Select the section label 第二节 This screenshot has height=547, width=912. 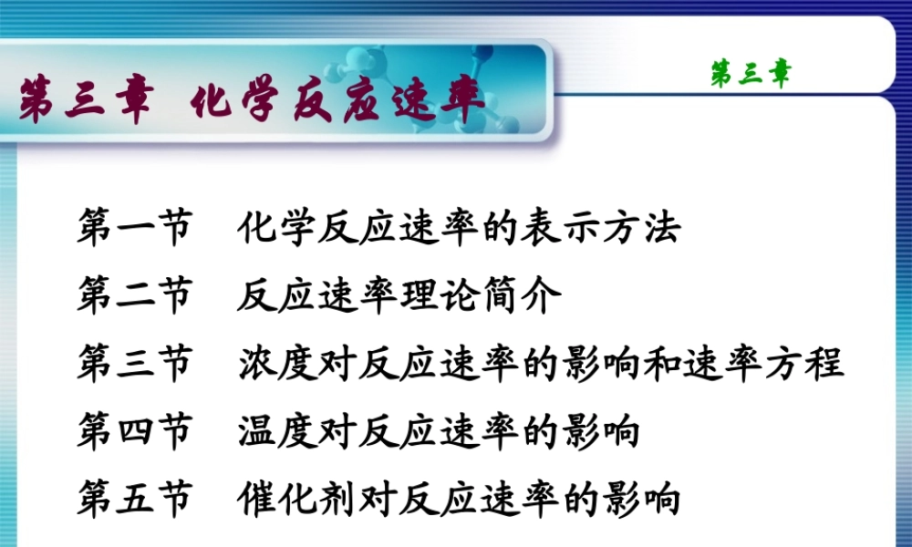pyautogui.click(x=135, y=297)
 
